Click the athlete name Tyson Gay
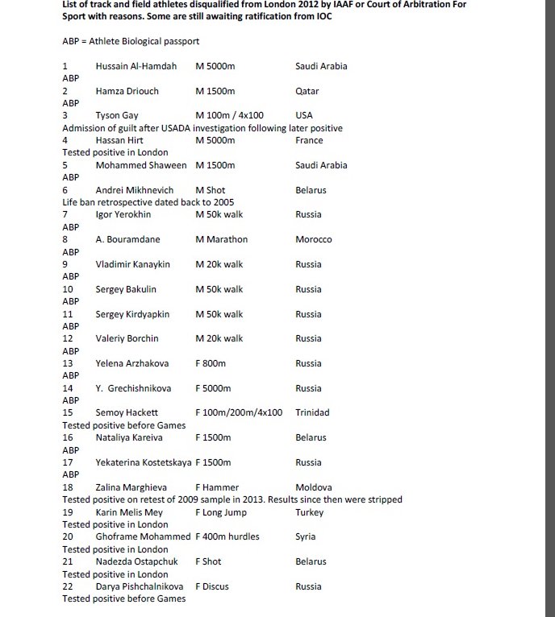117,115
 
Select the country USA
304,115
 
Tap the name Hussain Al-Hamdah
136,66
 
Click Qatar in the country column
307,91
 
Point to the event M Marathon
222,239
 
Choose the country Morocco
314,239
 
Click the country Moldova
314,487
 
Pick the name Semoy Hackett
127,412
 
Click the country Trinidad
312,412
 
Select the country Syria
306,536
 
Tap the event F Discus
212,586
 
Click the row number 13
68,363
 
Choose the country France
309,140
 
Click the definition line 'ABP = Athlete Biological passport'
131,41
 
